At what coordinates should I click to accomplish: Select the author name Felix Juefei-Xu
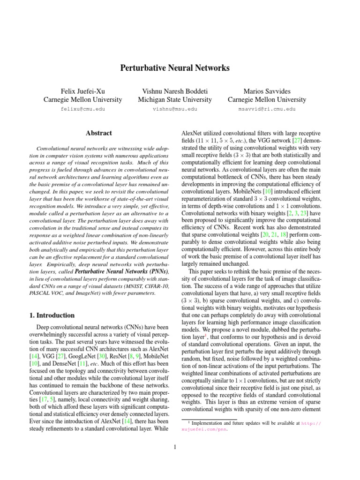coord(82,89)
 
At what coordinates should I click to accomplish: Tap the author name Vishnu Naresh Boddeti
coord(175,89)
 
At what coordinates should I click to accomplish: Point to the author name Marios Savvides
coord(267,89)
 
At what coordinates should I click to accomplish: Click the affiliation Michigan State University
coord(175,99)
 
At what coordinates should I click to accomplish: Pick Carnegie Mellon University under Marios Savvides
coord(267,99)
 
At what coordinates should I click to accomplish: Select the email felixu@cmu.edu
coord(82,109)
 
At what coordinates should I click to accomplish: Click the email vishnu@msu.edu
coord(175,109)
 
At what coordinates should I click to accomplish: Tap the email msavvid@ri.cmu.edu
coord(267,109)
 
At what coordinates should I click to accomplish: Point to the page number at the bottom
coord(174,447)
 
